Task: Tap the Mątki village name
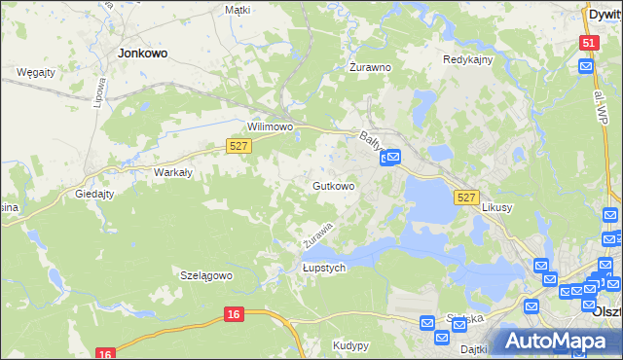coord(238,10)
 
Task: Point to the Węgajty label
coord(36,72)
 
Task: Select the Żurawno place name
coord(370,68)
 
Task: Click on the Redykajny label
coord(469,59)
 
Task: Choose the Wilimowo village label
coord(271,127)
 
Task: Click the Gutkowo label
coord(333,185)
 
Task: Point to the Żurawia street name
coord(317,234)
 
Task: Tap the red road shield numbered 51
coord(588,43)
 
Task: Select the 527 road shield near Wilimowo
coord(239,145)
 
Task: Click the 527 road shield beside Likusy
coord(466,198)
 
